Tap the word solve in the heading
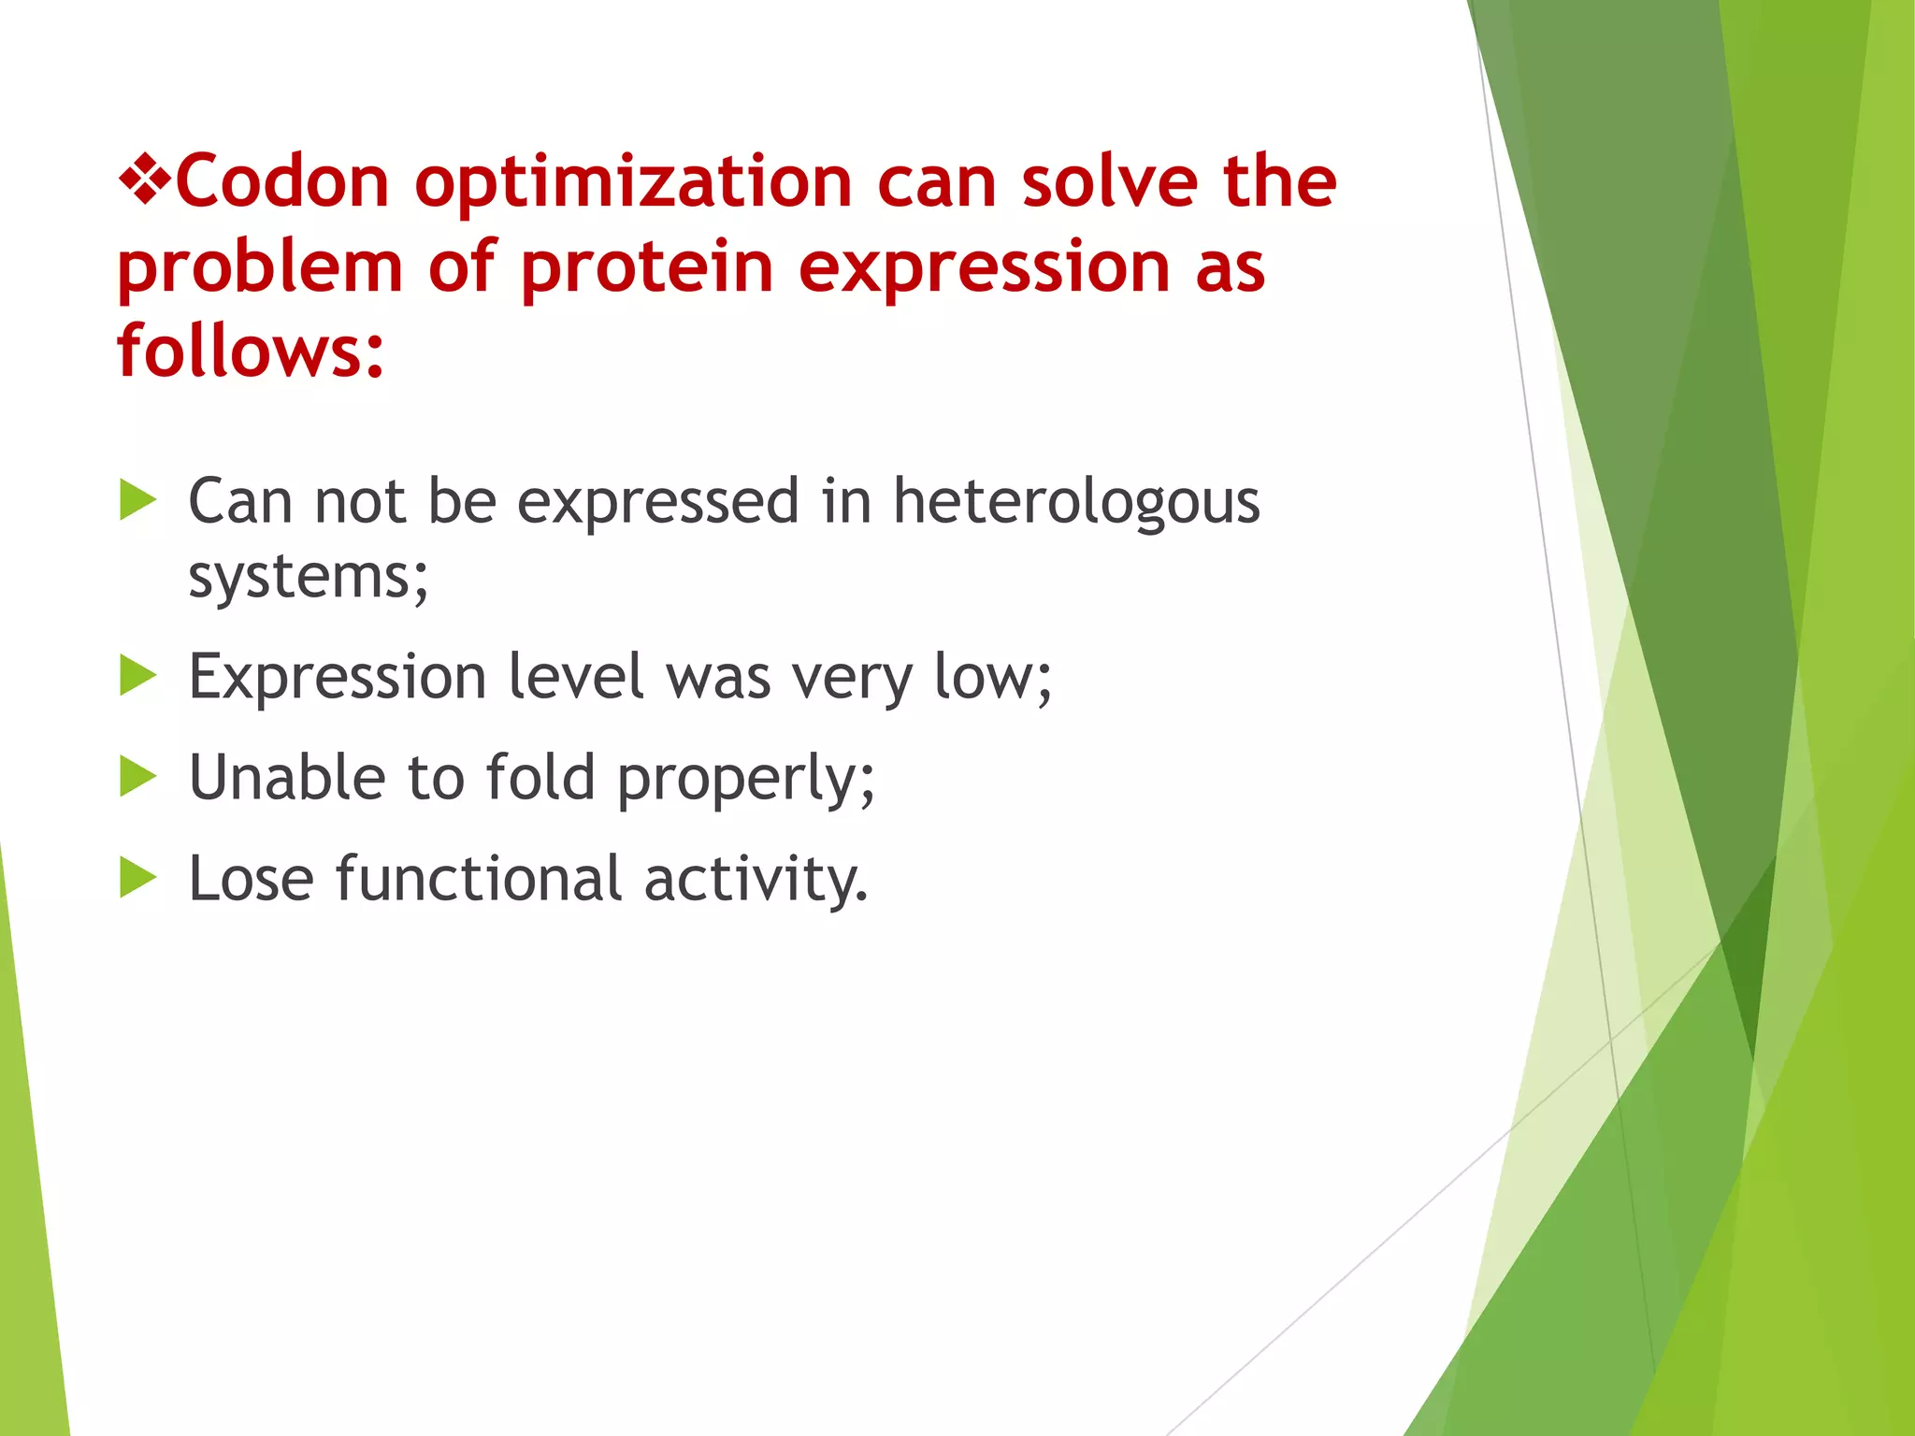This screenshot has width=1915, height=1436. click(1109, 181)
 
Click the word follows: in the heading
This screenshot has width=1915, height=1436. click(251, 351)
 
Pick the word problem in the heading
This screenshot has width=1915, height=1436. click(260, 267)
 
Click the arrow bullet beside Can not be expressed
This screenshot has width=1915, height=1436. click(138, 501)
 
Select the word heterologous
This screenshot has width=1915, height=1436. click(1076, 501)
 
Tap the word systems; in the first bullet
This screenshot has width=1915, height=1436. click(309, 576)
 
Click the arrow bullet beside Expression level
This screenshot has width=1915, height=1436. click(138, 676)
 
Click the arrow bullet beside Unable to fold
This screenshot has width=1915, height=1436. click(138, 777)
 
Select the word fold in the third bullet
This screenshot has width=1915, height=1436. click(540, 777)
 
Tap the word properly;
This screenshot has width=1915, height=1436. click(746, 779)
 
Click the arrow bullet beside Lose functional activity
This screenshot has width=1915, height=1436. click(138, 878)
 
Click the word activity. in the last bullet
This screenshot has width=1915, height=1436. click(756, 880)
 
